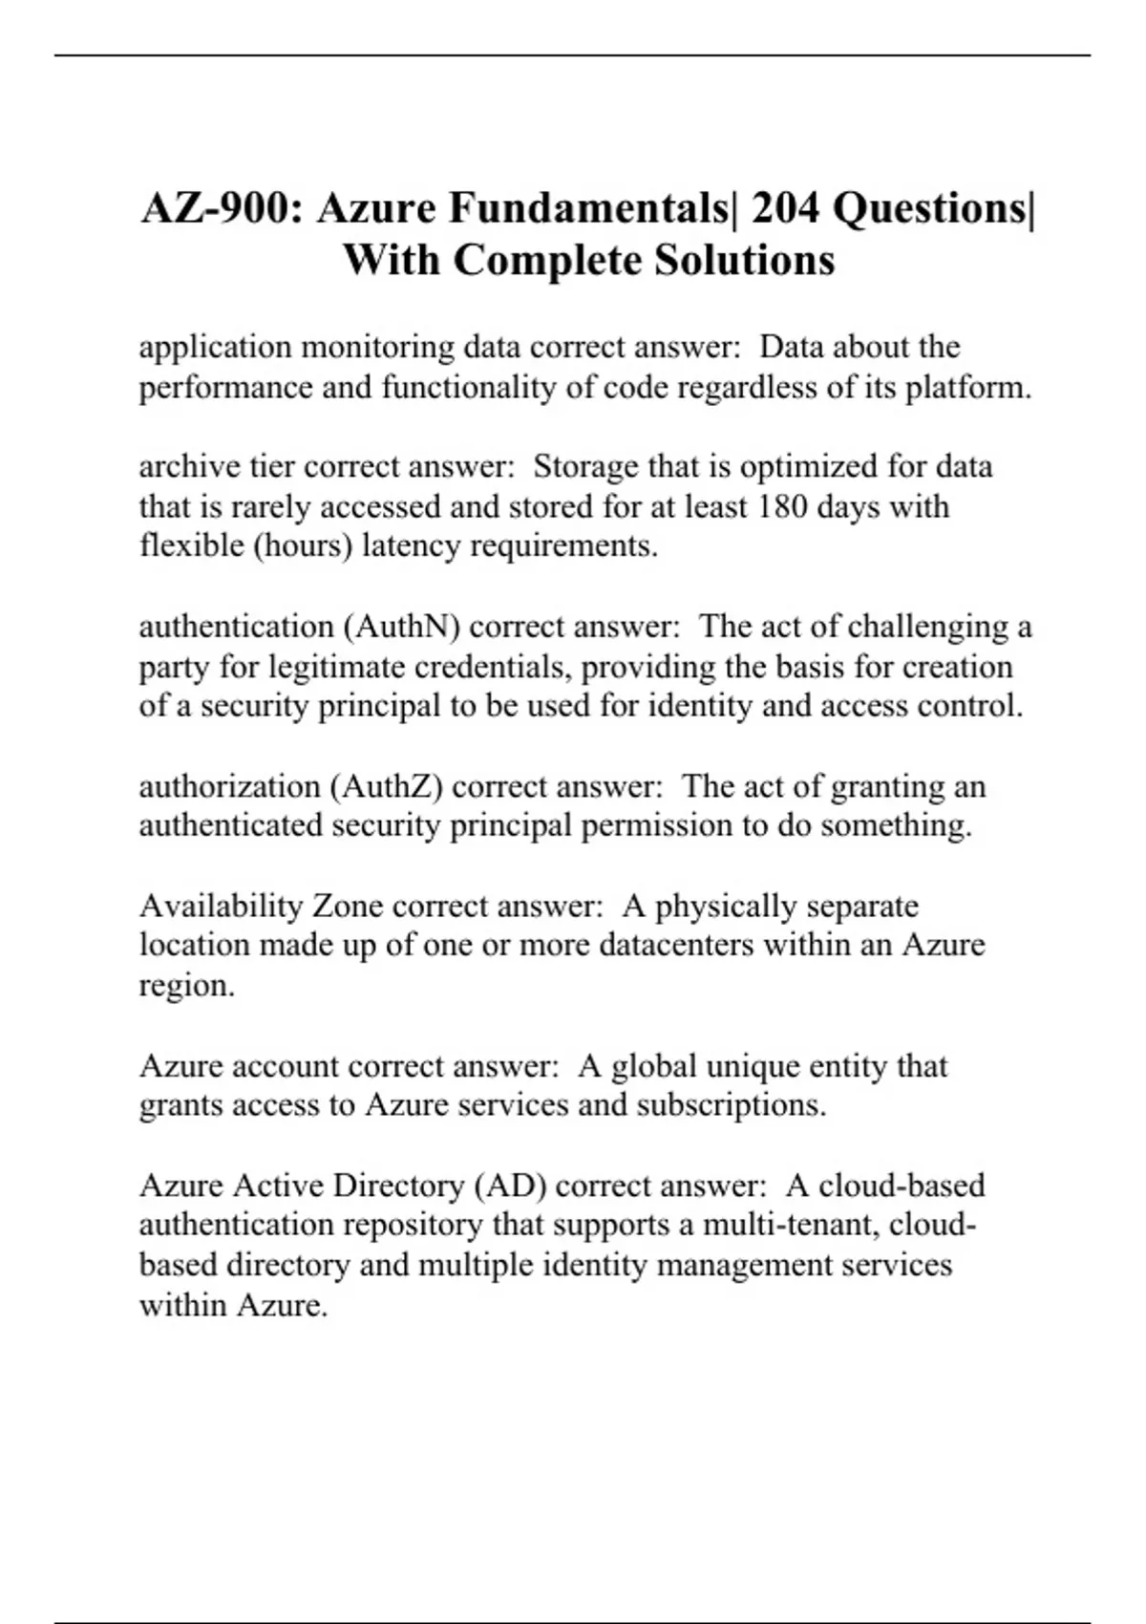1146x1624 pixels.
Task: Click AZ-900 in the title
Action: (x=221, y=208)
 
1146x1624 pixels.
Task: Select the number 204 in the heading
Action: (x=785, y=208)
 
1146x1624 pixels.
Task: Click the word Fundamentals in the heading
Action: (x=521, y=208)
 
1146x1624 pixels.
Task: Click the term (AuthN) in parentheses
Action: (x=401, y=627)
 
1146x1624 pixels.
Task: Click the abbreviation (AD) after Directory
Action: (x=510, y=1186)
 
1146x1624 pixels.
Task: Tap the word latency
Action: (x=412, y=545)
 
